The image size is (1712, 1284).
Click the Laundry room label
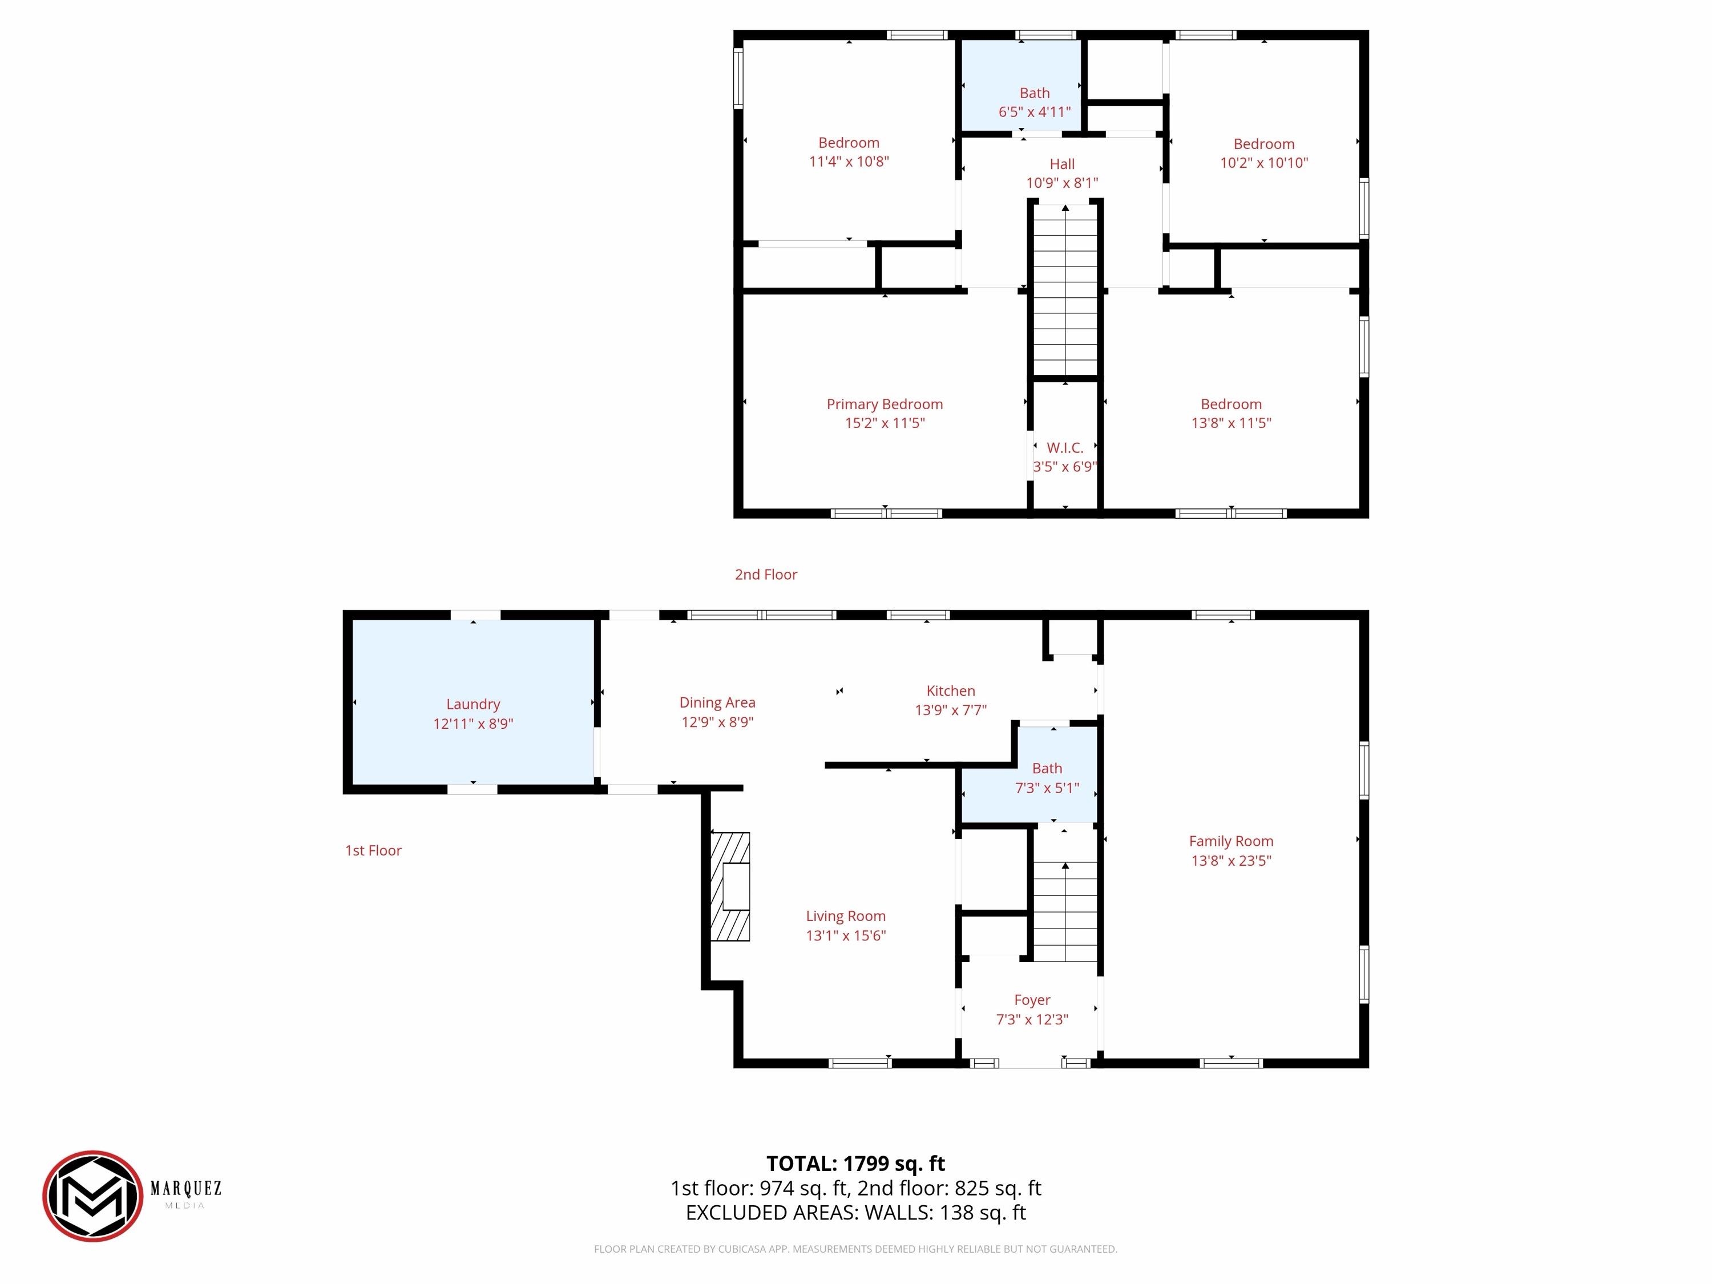pyautogui.click(x=473, y=704)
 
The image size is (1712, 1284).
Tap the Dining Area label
pyautogui.click(x=717, y=702)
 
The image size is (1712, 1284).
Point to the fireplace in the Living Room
pyautogui.click(x=730, y=886)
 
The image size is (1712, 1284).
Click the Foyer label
pyautogui.click(x=1032, y=1000)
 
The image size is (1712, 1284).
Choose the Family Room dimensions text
pyautogui.click(x=1231, y=861)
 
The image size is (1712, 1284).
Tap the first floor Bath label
pyautogui.click(x=1047, y=769)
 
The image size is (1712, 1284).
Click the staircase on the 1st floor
pyautogui.click(x=1066, y=912)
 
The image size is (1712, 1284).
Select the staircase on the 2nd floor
pyautogui.click(x=1066, y=291)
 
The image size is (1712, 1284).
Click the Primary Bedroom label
pyautogui.click(x=885, y=404)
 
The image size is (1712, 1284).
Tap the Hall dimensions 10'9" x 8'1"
pyautogui.click(x=1062, y=183)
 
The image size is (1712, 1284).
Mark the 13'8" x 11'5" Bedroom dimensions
pyautogui.click(x=1231, y=423)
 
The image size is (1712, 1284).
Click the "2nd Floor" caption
pyautogui.click(x=766, y=574)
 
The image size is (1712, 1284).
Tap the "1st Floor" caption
pyautogui.click(x=373, y=851)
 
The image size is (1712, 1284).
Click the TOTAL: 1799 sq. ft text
pyautogui.click(x=855, y=1163)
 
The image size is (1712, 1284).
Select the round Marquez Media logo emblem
pyautogui.click(x=93, y=1196)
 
